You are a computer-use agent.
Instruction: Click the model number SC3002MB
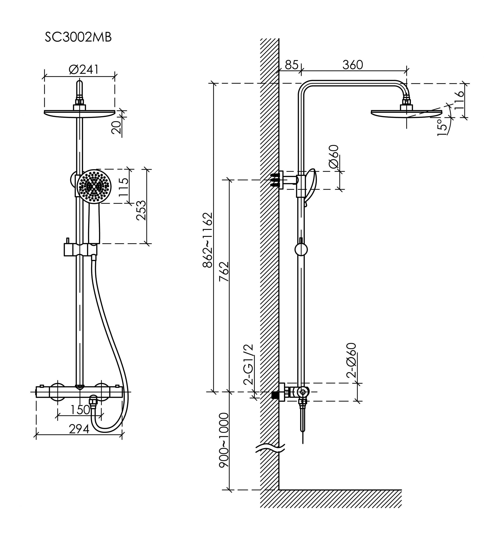[78, 38]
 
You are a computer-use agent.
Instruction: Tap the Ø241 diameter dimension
[84, 70]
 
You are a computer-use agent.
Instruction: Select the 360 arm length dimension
[352, 65]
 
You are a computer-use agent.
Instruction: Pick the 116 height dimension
[460, 100]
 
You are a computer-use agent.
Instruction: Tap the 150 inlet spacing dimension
[80, 409]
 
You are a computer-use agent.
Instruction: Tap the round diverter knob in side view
[301, 249]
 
